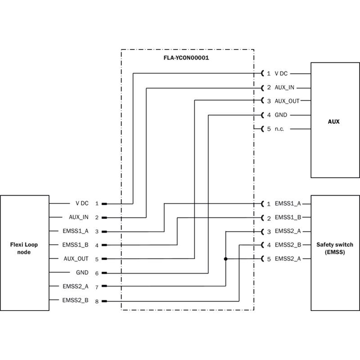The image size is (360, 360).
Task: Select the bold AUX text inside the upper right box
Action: (334, 121)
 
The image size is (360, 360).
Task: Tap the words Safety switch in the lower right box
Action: (334, 245)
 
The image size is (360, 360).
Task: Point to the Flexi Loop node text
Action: (24, 248)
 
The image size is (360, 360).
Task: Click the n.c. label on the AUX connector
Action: (282, 129)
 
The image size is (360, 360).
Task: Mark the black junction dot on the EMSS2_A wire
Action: (225, 259)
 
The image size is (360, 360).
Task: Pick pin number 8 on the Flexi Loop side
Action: (97, 301)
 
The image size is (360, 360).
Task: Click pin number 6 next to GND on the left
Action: (97, 273)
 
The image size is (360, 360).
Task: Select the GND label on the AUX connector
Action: (281, 115)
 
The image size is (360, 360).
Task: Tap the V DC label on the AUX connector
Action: (281, 73)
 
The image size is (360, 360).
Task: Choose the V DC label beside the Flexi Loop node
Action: (82, 203)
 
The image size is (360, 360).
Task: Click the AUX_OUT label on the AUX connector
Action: (287, 101)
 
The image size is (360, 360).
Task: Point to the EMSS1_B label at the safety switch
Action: (288, 218)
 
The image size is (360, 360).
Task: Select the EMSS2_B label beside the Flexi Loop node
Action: (76, 300)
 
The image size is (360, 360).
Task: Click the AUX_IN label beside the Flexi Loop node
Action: (79, 217)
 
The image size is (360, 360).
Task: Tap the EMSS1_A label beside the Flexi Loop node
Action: (76, 231)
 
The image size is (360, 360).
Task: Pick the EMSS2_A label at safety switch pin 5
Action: (288, 259)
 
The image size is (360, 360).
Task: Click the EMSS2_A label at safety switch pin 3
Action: (288, 232)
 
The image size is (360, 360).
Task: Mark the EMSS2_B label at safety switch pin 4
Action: (288, 245)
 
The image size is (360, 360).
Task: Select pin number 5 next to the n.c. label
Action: (269, 129)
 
